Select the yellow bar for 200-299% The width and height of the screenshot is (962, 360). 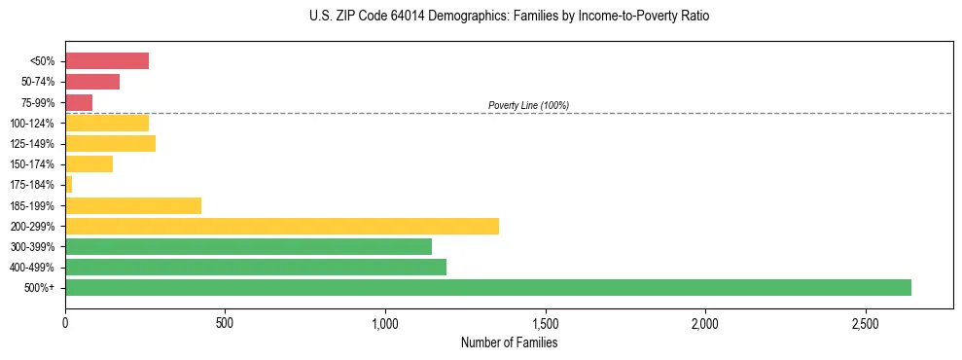[x=282, y=226]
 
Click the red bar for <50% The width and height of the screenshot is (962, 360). [x=107, y=61]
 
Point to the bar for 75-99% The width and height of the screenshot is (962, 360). [x=79, y=102]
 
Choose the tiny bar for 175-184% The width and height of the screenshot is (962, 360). [x=69, y=184]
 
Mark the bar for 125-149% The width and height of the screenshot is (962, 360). [x=110, y=144]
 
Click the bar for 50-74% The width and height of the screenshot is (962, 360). [x=92, y=82]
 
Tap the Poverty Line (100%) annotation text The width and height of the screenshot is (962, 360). [x=528, y=105]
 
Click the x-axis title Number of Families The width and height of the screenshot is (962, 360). [x=509, y=342]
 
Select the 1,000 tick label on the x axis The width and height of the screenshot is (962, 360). [x=385, y=322]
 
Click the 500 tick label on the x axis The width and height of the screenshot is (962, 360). [x=225, y=322]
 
